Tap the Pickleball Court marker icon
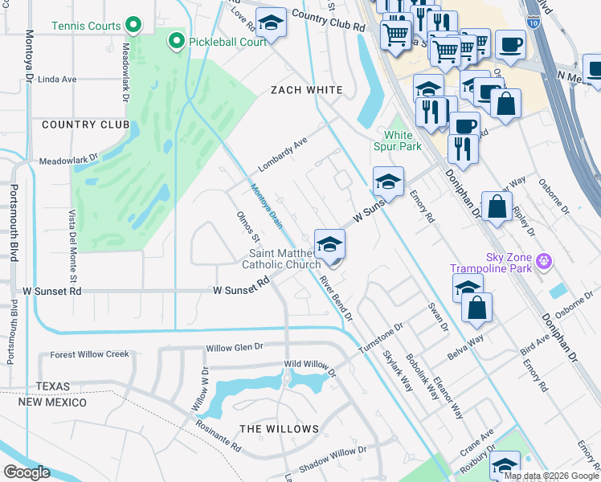174,40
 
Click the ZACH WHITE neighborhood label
306,90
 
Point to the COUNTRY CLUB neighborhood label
85,125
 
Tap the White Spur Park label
397,141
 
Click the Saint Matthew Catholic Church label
282,259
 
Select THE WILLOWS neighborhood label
279,429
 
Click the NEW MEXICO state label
53,402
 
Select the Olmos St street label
248,227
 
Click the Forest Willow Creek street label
89,354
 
